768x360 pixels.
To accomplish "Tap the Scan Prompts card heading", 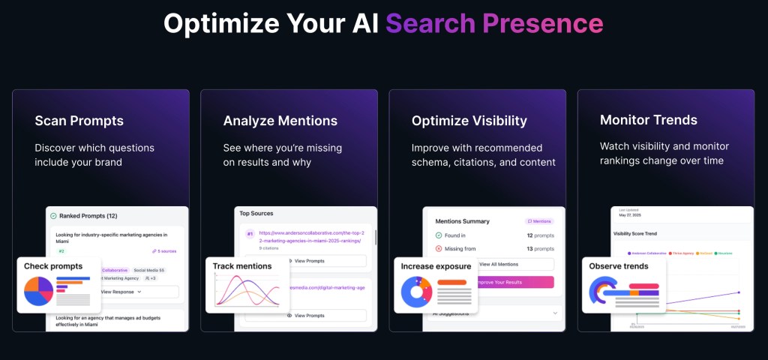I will (79, 121).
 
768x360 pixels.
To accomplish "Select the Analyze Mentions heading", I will (280, 121).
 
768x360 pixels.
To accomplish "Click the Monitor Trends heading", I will (648, 120).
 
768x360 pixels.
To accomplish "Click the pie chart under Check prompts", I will (37, 291).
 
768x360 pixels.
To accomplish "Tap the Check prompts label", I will (52, 266).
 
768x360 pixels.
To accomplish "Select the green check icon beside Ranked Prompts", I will (53, 216).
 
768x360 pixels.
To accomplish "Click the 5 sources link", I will (163, 251).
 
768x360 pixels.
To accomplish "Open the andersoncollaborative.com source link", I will (310, 237).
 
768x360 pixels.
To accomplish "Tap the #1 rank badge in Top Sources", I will (250, 234).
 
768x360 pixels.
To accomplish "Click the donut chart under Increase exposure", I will (415, 292).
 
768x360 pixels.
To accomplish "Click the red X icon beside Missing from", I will (439, 248).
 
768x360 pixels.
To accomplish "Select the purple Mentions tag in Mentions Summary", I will (539, 221).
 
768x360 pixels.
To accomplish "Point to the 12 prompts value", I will (540, 235).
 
